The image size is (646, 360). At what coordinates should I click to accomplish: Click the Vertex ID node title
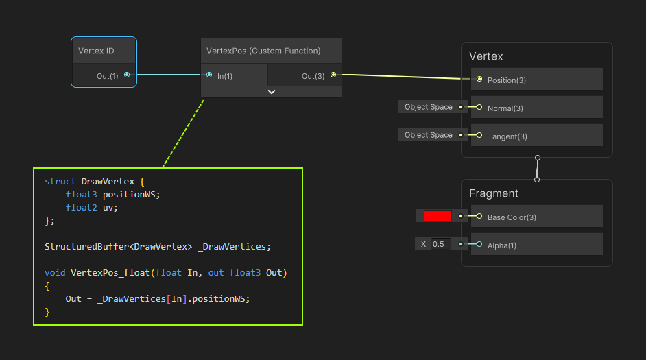pyautogui.click(x=96, y=51)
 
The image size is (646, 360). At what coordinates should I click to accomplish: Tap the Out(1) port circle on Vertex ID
pyautogui.click(x=127, y=75)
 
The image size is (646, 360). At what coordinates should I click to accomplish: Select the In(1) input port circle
pyautogui.click(x=209, y=75)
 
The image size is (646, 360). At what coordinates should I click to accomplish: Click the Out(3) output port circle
pyautogui.click(x=333, y=75)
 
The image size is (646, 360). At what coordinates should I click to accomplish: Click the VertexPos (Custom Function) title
pyautogui.click(x=263, y=51)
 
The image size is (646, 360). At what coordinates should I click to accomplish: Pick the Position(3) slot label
pyautogui.click(x=506, y=80)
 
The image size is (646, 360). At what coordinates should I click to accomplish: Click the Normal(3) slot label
pyautogui.click(x=505, y=108)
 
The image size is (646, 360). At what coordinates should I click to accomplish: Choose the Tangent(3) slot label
pyautogui.click(x=507, y=136)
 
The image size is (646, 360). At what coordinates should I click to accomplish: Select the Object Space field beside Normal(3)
pyautogui.click(x=429, y=107)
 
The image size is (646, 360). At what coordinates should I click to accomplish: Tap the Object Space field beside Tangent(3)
pyautogui.click(x=429, y=135)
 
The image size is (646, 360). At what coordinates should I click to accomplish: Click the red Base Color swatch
pyautogui.click(x=438, y=216)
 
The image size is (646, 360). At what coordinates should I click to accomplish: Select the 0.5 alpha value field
pyautogui.click(x=440, y=244)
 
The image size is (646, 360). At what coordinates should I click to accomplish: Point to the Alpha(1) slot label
pyautogui.click(x=502, y=245)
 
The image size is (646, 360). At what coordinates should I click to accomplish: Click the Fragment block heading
pyautogui.click(x=494, y=193)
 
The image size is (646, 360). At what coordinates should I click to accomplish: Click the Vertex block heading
pyautogui.click(x=486, y=56)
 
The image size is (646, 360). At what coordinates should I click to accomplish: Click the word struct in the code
pyautogui.click(x=60, y=182)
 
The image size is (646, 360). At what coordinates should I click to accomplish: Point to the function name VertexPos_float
pyautogui.click(x=110, y=273)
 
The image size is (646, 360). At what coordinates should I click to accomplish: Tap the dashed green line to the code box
pyautogui.click(x=183, y=134)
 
